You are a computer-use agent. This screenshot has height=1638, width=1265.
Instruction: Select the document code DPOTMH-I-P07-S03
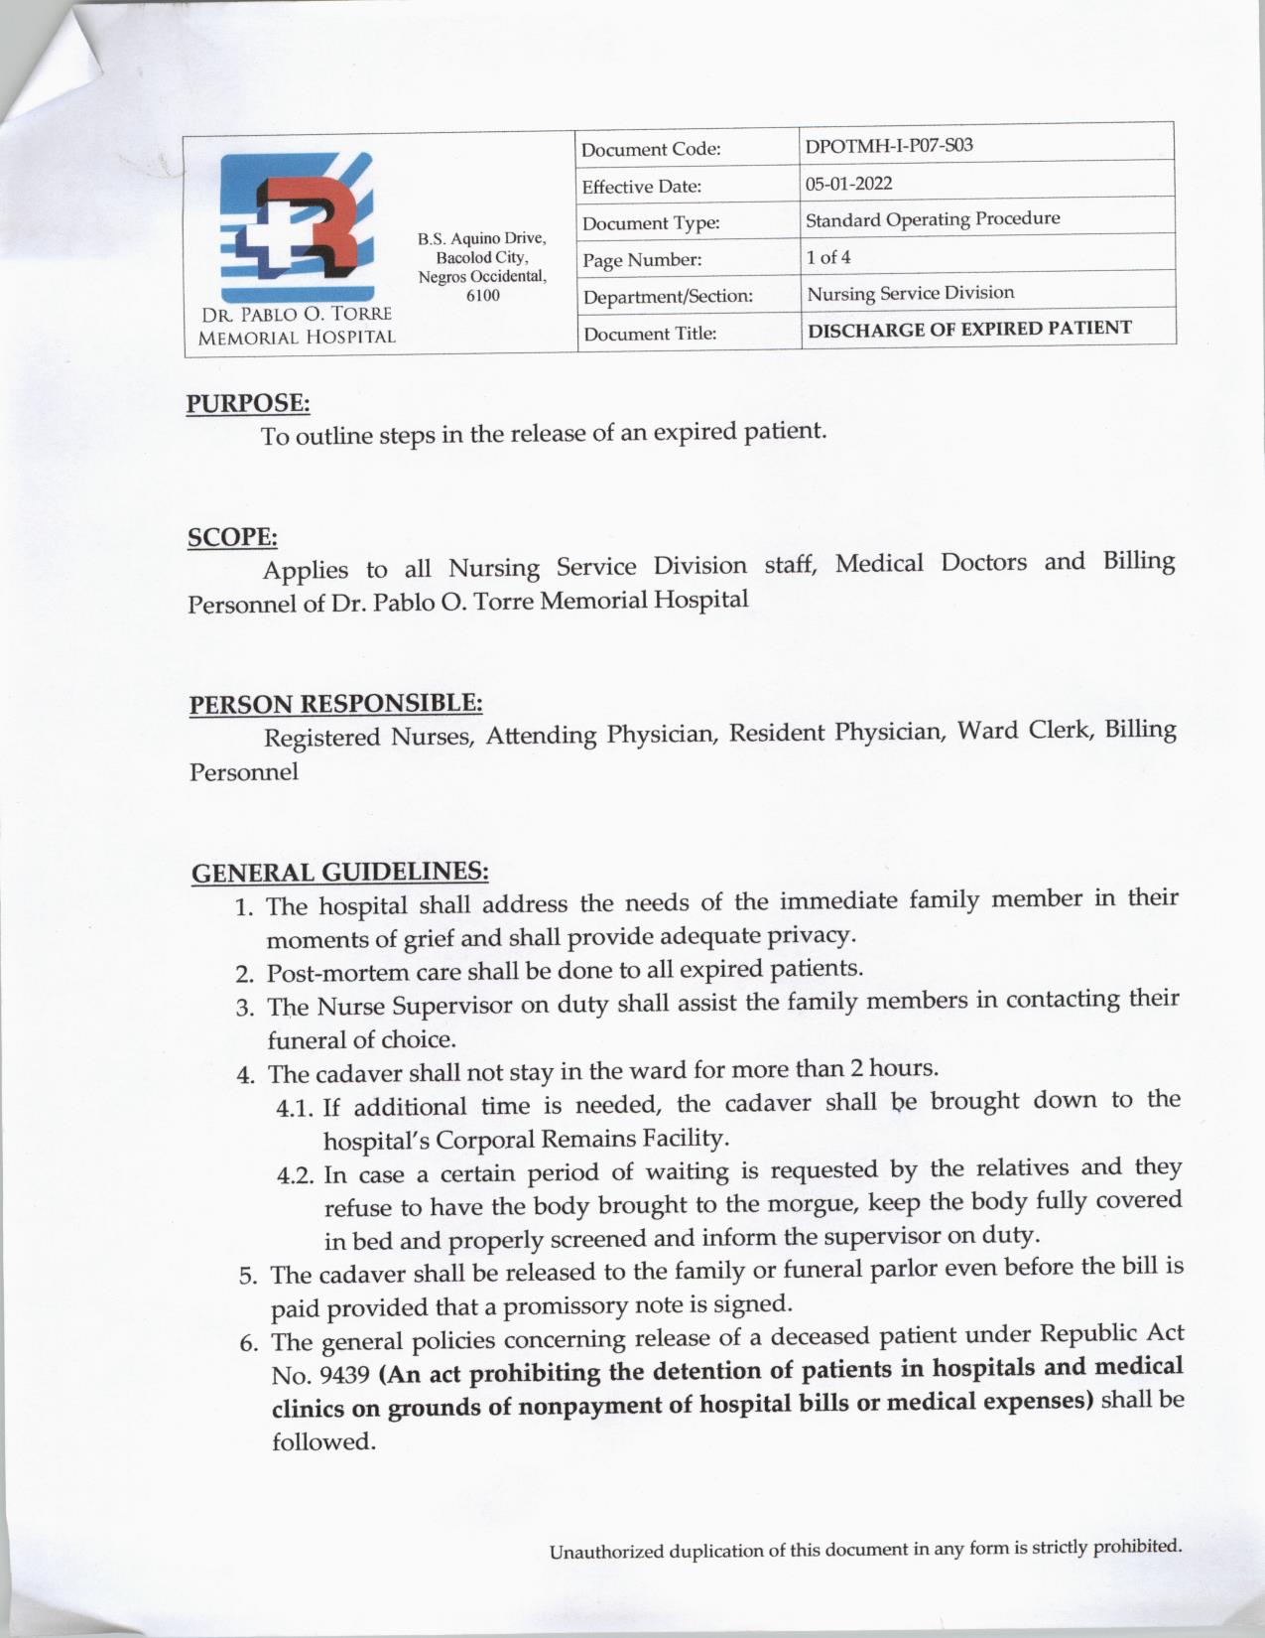tap(889, 146)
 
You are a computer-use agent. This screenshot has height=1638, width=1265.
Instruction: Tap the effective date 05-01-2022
tap(848, 183)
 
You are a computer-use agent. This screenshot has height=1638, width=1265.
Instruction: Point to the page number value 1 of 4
tap(827, 257)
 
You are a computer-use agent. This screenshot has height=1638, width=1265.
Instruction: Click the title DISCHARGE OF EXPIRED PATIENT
tap(969, 329)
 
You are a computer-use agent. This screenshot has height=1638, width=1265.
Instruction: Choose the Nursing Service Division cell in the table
tap(910, 293)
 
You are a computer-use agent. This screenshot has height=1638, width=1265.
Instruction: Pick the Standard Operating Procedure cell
tap(932, 219)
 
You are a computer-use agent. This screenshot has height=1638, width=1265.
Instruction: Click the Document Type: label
tap(650, 223)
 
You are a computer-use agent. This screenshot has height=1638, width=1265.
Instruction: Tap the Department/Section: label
tap(668, 296)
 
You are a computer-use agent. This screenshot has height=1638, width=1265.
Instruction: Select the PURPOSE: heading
tap(248, 403)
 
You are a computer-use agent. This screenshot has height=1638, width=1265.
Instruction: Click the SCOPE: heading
tap(232, 537)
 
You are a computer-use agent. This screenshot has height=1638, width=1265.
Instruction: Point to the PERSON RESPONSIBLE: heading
tap(335, 704)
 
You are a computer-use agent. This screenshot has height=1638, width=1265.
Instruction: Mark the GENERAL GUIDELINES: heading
tap(339, 872)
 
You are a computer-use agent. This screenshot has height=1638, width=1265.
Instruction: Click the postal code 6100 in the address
tap(482, 295)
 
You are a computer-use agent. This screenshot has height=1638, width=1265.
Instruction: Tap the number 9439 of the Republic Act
tap(347, 1376)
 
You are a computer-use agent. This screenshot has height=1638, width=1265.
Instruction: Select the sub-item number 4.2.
tap(296, 1176)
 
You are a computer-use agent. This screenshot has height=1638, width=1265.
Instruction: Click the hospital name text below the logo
tap(297, 326)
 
